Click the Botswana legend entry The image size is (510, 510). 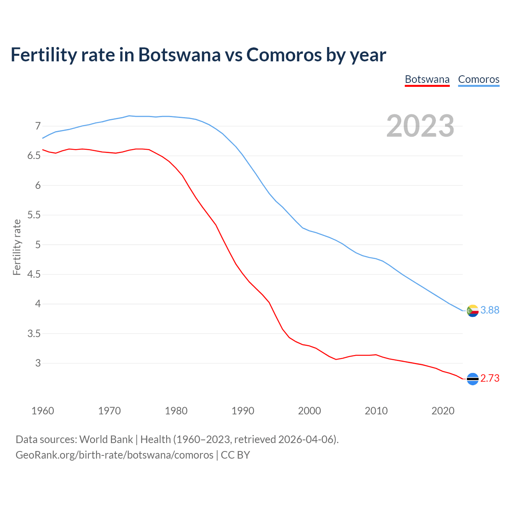click(427, 79)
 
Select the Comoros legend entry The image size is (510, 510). click(479, 79)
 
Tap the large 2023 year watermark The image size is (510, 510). click(420, 126)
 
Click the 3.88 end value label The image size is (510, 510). click(490, 310)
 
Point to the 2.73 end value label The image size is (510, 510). click(490, 378)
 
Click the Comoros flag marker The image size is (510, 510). click(473, 310)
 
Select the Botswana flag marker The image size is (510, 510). click(473, 379)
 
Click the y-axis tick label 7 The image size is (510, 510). click(38, 126)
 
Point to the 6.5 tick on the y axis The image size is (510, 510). click(34, 156)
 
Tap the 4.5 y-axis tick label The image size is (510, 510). click(34, 275)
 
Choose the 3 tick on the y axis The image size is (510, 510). click(38, 363)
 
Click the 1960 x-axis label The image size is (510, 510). click(43, 411)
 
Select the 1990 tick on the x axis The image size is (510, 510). click(243, 411)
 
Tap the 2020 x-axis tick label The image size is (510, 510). click(443, 411)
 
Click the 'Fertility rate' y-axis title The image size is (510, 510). click(17, 247)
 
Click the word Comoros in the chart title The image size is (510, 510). click(284, 55)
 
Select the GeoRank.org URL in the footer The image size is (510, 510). click(114, 455)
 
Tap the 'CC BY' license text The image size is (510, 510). click(235, 455)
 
